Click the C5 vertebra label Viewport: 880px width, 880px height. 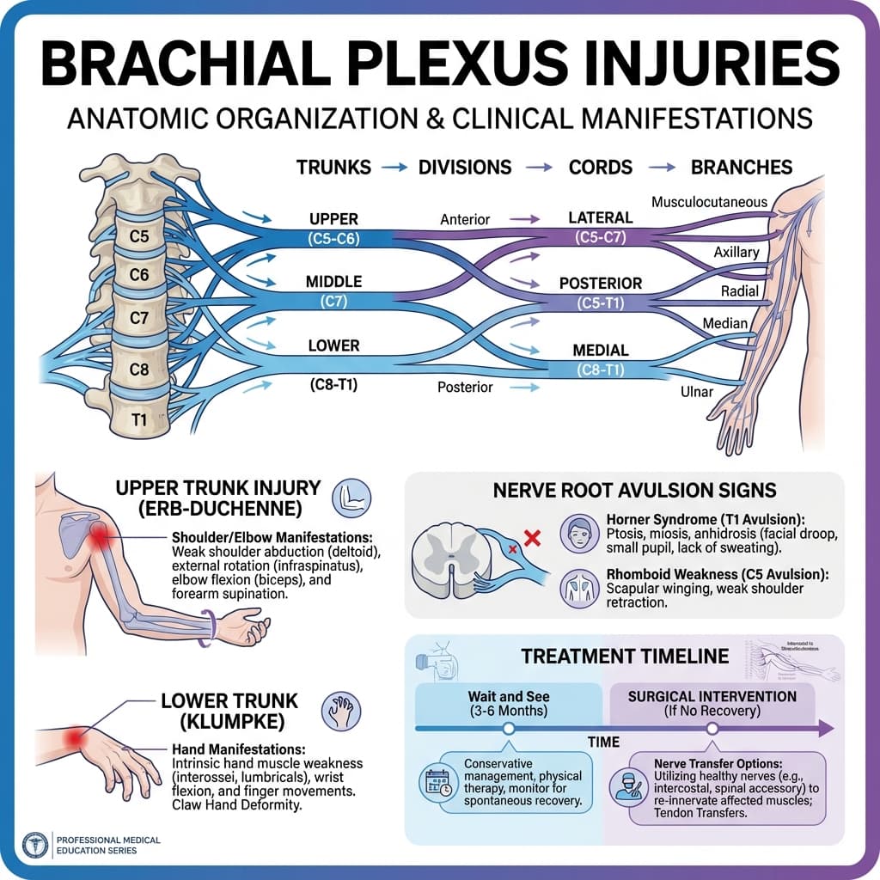point(137,234)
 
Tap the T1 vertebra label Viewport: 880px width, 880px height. point(138,419)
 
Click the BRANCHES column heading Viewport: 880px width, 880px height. point(741,167)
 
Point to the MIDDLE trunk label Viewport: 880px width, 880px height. point(333,282)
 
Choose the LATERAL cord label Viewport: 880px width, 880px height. point(601,218)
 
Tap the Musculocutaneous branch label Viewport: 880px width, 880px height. point(709,202)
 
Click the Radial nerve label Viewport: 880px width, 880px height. point(740,292)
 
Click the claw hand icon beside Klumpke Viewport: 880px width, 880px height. point(340,711)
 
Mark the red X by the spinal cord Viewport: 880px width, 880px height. point(531,539)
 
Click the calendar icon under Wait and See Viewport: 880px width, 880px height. point(437,782)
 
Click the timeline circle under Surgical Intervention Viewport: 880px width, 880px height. point(712,729)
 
